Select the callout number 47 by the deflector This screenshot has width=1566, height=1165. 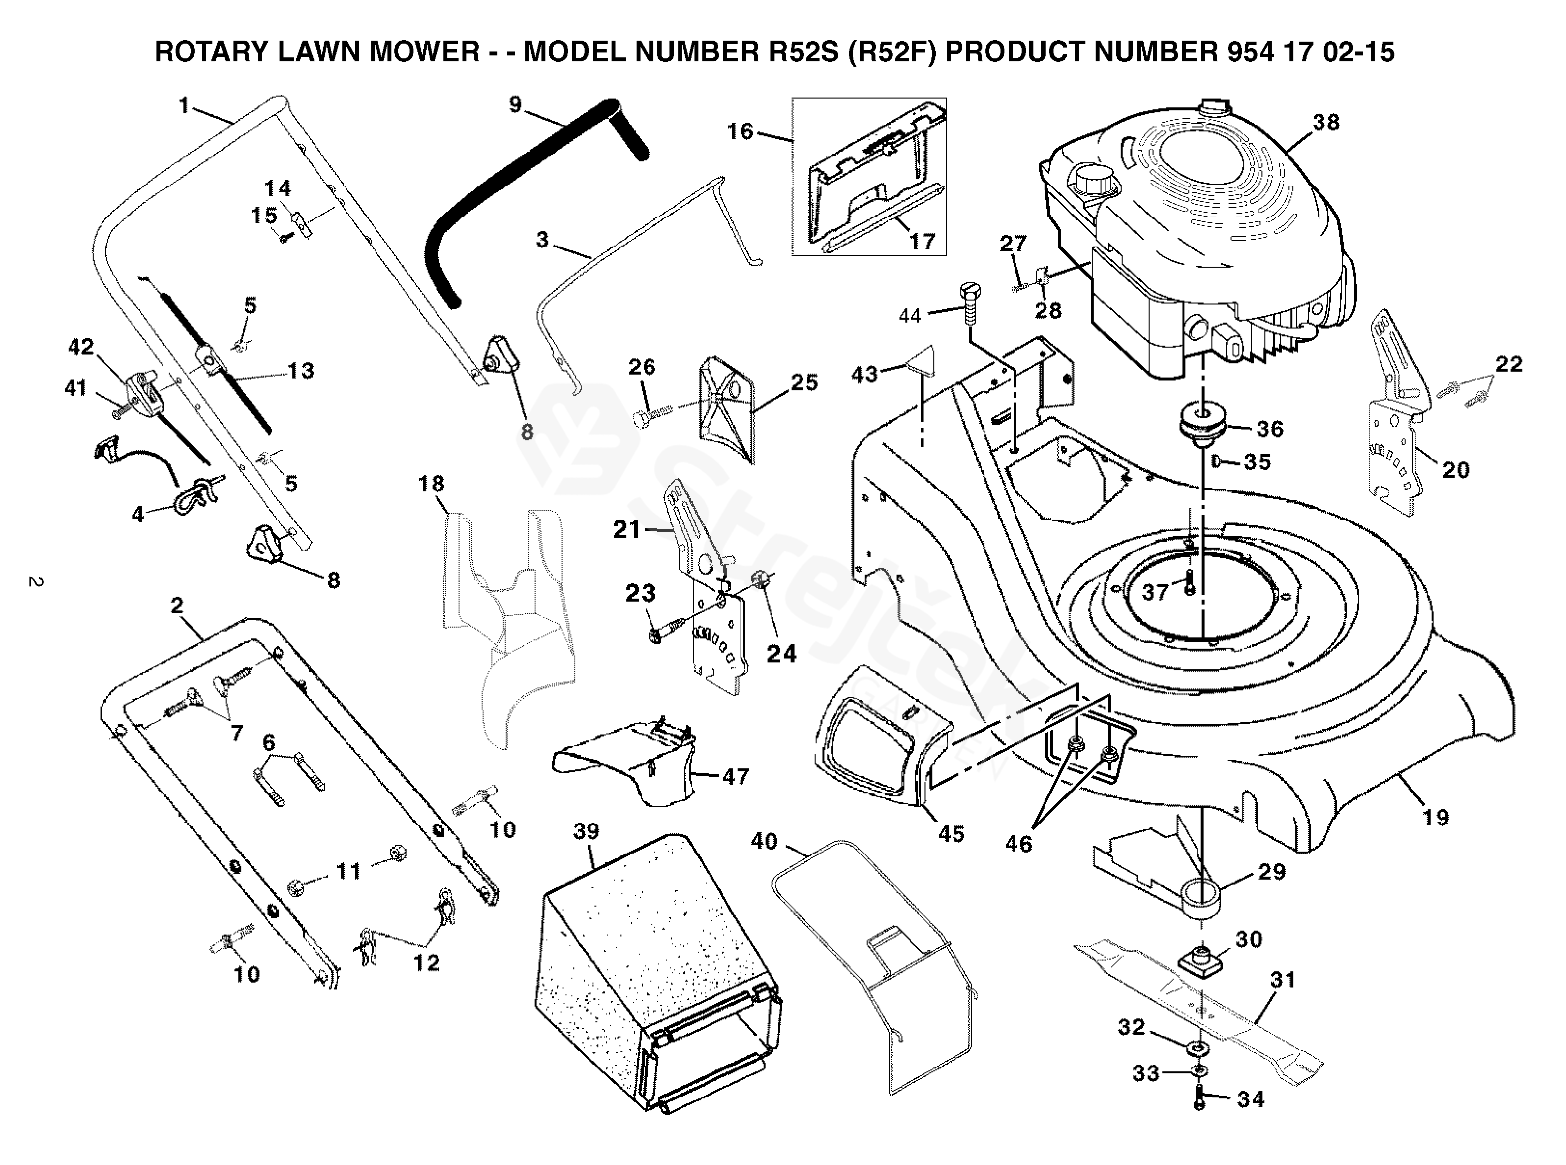coord(735,777)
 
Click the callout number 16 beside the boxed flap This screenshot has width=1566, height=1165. coord(740,131)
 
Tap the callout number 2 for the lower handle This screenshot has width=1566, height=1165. coord(177,605)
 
